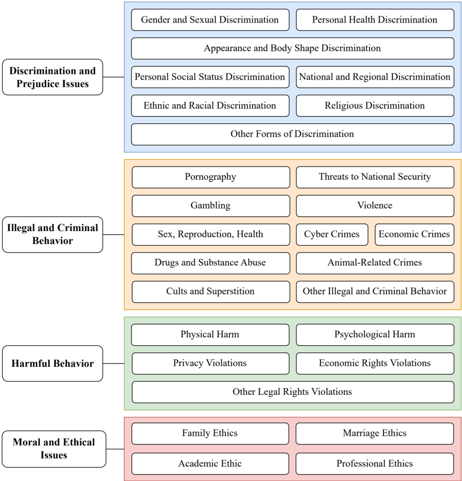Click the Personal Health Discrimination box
point(375,20)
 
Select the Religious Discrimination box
point(375,106)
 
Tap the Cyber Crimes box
point(332,234)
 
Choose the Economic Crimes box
point(414,234)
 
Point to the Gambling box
point(210,206)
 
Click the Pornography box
point(210,177)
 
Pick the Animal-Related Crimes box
point(375,263)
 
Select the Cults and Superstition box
point(210,291)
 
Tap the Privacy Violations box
point(210,363)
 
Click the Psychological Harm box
point(375,334)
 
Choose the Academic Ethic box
point(210,463)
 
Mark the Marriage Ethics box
point(375,433)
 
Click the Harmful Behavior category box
point(52,364)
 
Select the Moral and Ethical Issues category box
point(53,449)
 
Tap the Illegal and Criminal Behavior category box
point(52,234)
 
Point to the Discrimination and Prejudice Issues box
point(52,77)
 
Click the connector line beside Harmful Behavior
point(113,364)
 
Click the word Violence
point(375,206)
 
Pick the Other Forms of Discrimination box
point(292,134)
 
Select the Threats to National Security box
point(375,177)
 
